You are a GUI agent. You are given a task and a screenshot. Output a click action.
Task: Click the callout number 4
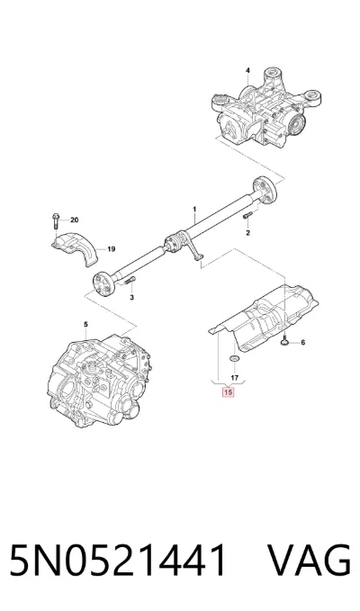coord(247,70)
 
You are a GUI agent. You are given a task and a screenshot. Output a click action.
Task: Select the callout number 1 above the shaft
coord(194,210)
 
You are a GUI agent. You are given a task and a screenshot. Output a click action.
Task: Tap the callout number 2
coord(247,233)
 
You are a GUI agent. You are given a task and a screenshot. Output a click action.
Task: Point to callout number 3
coord(131,298)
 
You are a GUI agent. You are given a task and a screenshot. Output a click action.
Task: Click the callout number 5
coord(85,324)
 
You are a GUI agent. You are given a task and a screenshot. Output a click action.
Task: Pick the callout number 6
coord(302,343)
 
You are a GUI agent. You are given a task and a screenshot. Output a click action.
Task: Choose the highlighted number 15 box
coord(228,392)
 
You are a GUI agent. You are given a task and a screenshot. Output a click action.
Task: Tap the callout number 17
coord(234,378)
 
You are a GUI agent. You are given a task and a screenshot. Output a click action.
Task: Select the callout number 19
coord(112,249)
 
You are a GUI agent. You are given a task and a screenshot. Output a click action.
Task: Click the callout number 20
coord(75,220)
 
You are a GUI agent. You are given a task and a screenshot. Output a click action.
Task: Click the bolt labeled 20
coord(55,221)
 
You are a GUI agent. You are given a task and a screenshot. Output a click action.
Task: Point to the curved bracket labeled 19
coord(75,248)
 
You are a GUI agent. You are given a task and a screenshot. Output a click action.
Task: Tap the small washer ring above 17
coord(234,358)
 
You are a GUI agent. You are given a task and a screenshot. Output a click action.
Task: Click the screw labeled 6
coord(284,341)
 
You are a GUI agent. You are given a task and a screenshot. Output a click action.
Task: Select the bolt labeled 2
coord(247,215)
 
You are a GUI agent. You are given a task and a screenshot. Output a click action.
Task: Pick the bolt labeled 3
coord(130,281)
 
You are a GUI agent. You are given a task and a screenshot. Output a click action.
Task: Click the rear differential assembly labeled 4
coord(267,111)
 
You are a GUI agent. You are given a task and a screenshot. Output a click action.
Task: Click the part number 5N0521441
coord(117,560)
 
